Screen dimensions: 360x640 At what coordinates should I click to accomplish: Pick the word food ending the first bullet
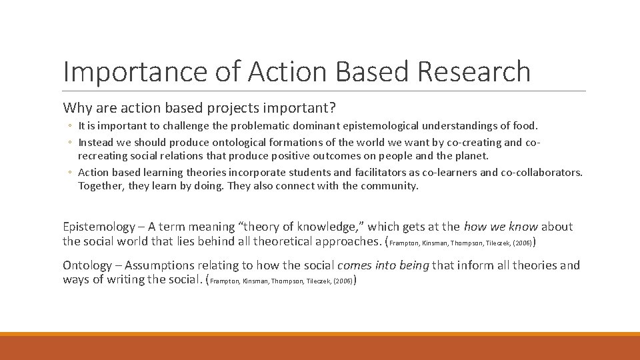525,125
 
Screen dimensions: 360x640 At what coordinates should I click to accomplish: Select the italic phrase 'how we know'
499,227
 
